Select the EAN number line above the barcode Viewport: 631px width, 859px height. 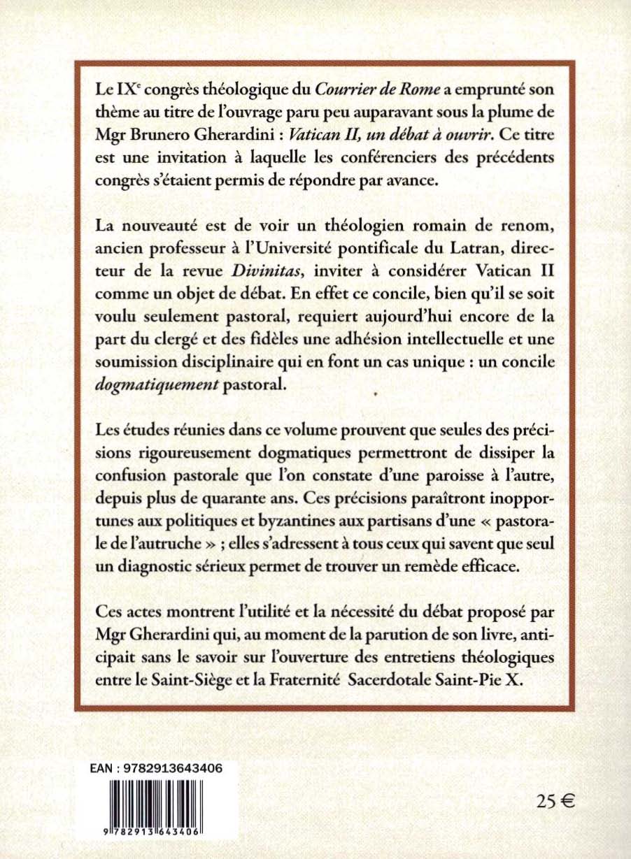157,767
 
